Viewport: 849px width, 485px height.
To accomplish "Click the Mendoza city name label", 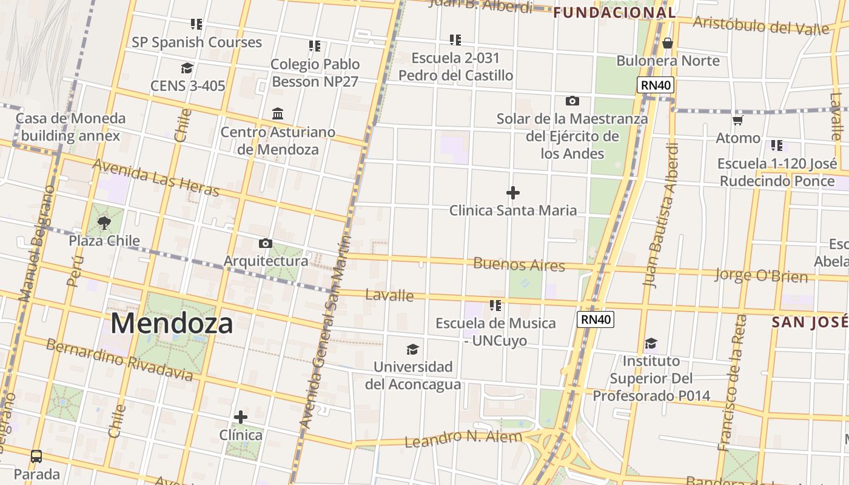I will [x=172, y=323].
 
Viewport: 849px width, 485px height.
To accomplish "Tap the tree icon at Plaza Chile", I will [x=104, y=222].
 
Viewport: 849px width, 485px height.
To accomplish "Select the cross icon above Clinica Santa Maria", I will [x=513, y=193].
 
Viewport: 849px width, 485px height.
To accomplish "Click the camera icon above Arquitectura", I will [x=266, y=243].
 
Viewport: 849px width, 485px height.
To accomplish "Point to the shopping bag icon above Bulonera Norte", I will [x=668, y=43].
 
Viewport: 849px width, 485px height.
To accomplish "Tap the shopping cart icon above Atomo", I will [x=738, y=120].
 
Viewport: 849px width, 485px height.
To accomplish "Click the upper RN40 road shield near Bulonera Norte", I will [x=656, y=85].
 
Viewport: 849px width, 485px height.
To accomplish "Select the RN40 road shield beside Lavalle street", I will [x=596, y=319].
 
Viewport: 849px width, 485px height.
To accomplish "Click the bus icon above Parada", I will [x=36, y=456].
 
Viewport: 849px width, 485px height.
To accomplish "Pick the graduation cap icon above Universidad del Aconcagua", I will [x=412, y=349].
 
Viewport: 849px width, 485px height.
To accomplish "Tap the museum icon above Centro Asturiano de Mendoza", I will [x=278, y=113].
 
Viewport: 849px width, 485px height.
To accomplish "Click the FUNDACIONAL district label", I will [x=614, y=12].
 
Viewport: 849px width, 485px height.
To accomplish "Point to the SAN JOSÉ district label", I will [x=810, y=322].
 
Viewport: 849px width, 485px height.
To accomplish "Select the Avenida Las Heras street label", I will [x=156, y=178].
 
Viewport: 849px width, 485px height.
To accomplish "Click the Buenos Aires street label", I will [x=518, y=264].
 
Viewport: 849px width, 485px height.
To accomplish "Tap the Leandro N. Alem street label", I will [x=463, y=438].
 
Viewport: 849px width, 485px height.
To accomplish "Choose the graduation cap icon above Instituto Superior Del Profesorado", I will [x=651, y=344].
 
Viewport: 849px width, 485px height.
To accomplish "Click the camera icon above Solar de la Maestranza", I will [x=572, y=101].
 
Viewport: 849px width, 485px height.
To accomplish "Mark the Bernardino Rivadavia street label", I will [x=119, y=360].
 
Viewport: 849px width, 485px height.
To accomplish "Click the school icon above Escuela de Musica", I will [x=495, y=305].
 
